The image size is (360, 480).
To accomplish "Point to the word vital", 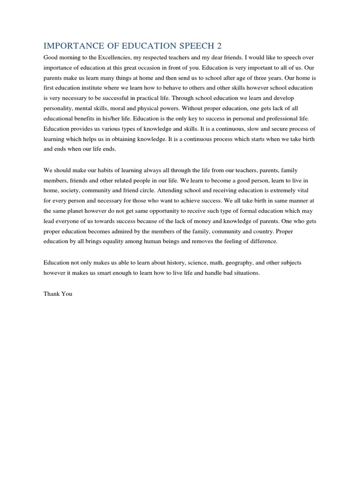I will coord(323,191).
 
